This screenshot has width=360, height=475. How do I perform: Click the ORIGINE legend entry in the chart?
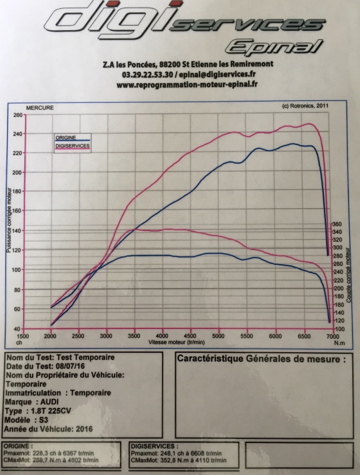[x=65, y=137]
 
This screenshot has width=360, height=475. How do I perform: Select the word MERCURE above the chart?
[x=40, y=108]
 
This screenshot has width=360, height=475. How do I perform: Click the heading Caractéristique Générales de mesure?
[x=260, y=359]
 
